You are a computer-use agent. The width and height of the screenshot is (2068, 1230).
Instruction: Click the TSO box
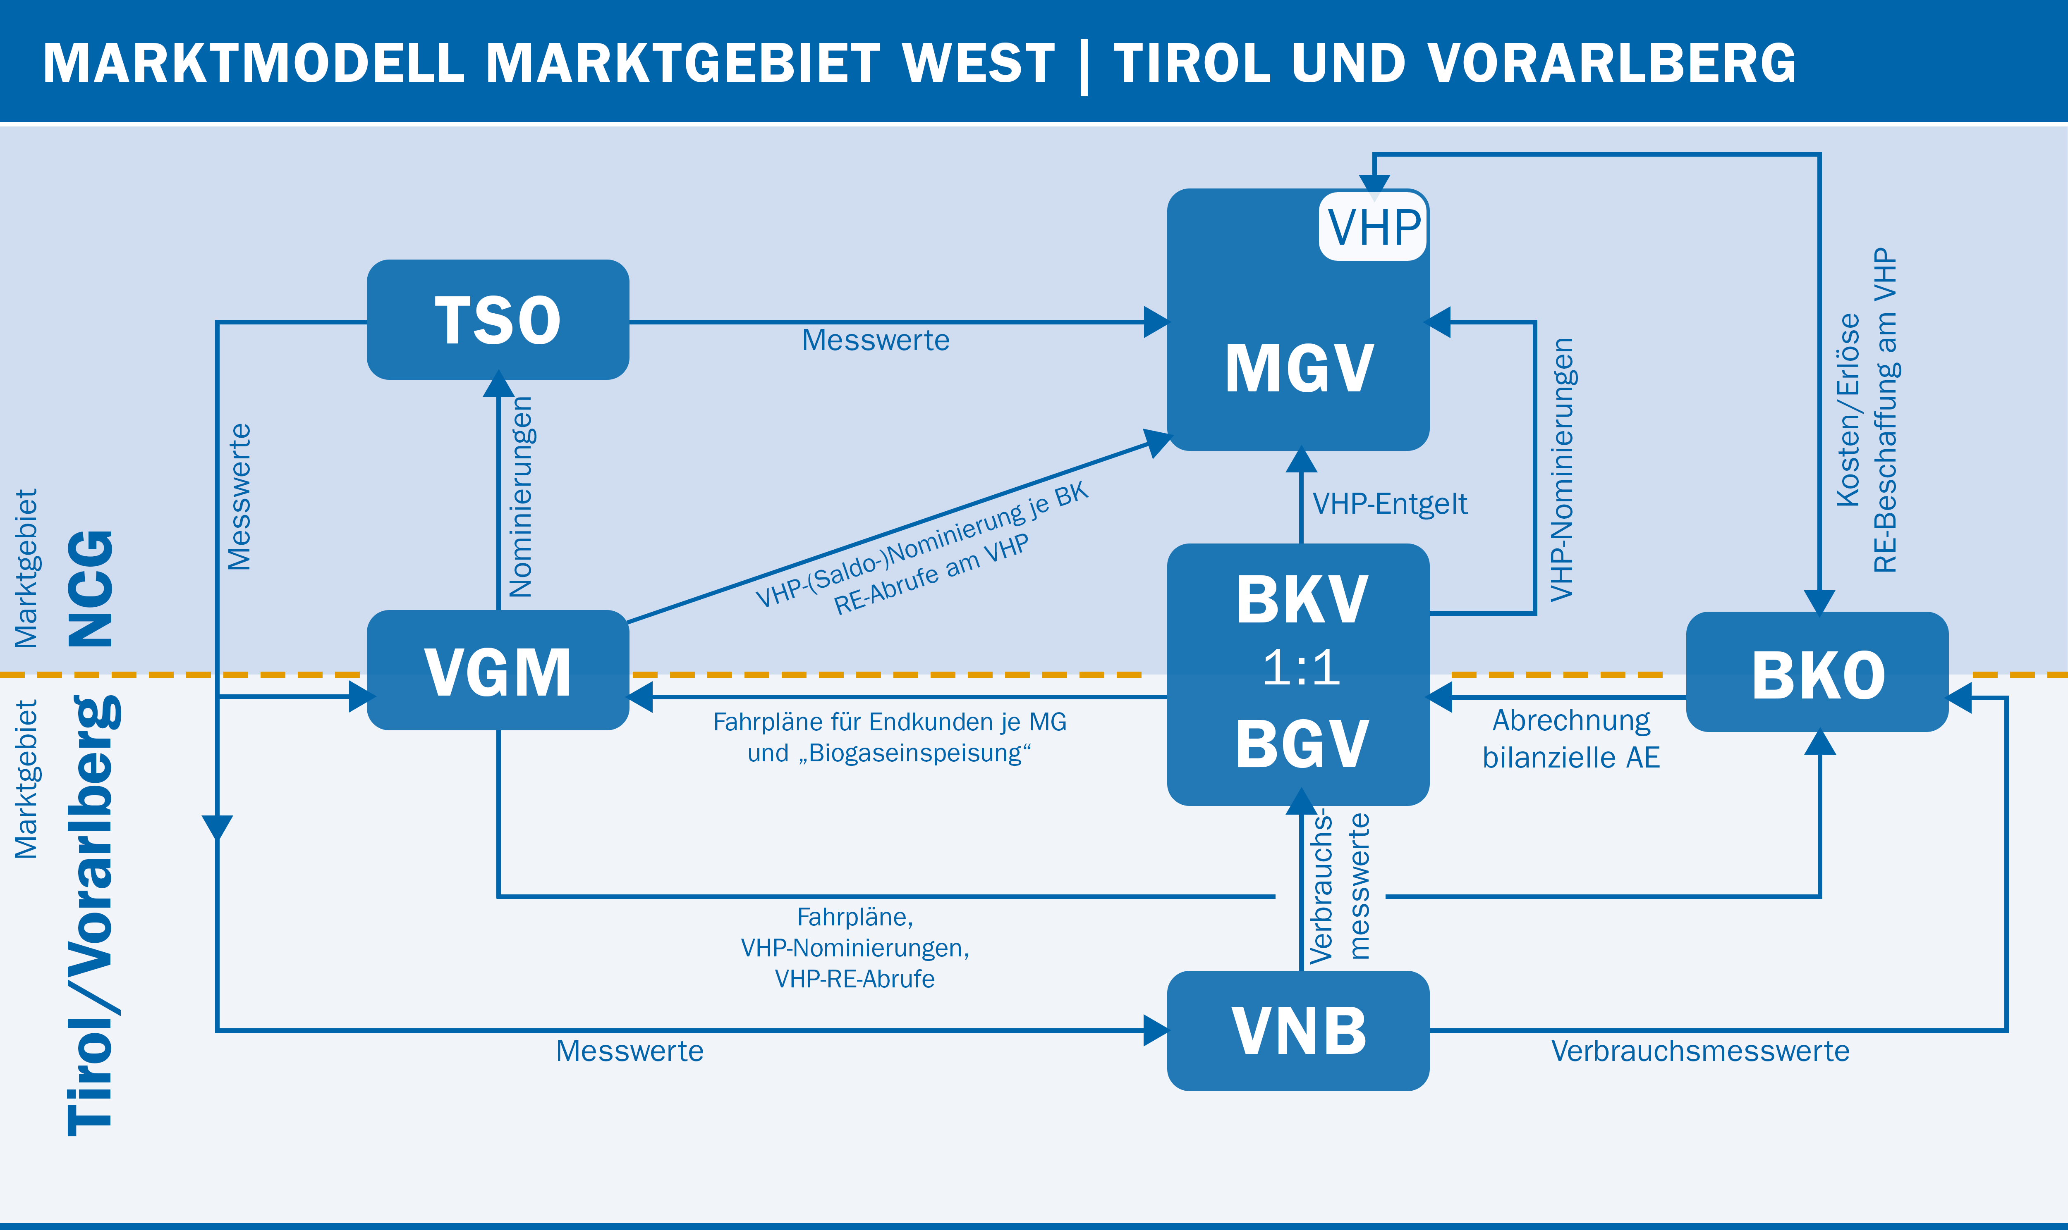(x=498, y=320)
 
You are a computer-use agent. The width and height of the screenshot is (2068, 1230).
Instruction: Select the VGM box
(x=498, y=670)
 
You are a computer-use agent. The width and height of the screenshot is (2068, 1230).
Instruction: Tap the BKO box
(x=1817, y=672)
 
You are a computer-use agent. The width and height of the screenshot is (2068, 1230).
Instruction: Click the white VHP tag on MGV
(x=1373, y=226)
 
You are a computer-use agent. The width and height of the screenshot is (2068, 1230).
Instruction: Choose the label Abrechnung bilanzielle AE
(x=1571, y=739)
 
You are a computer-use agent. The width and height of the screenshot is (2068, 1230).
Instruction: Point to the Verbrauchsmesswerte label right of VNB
(x=1700, y=1051)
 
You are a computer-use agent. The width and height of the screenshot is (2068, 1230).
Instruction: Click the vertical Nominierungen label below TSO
(x=521, y=497)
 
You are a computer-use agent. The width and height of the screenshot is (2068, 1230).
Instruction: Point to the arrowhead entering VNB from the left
(x=1156, y=1030)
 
